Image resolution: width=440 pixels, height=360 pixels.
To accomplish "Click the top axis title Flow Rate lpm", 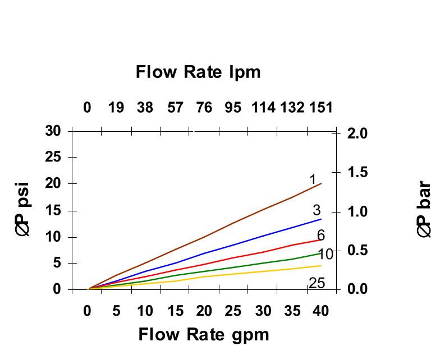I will click(198, 72).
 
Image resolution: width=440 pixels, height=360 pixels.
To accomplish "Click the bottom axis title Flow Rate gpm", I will click(204, 335).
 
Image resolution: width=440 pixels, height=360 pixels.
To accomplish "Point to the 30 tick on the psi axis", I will click(53, 131).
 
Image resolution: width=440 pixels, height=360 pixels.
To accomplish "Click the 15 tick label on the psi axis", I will click(53, 211).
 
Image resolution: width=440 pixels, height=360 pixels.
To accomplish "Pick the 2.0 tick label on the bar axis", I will click(356, 133).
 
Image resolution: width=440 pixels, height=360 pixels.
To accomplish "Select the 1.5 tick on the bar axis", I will click(356, 173).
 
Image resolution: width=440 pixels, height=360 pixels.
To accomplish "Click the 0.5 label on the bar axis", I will click(356, 251).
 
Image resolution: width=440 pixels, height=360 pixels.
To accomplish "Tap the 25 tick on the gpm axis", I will click(233, 311).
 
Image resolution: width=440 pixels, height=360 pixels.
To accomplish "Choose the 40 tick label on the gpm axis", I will click(320, 311).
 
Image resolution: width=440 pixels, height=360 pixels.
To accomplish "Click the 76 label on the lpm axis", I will click(203, 107).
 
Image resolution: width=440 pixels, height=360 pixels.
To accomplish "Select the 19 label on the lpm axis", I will click(116, 107).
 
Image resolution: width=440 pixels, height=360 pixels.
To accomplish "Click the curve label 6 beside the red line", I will click(320, 235).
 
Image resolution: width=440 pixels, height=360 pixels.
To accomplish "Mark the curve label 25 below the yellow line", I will click(317, 283).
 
